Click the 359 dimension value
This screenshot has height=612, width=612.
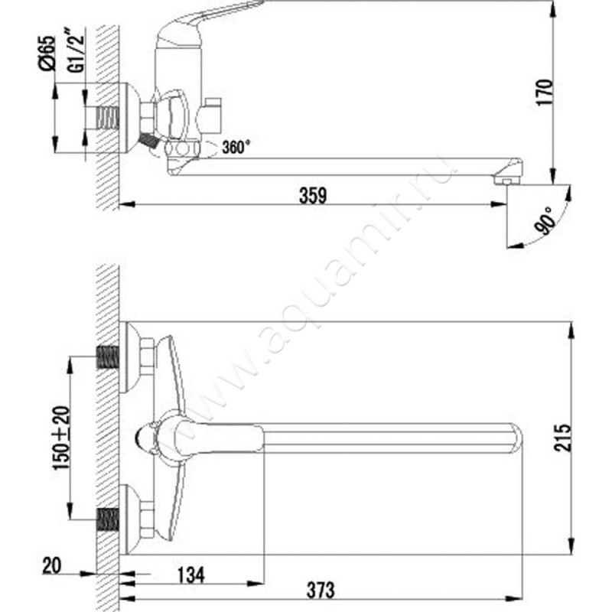coord(313,195)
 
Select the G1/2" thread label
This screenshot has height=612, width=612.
coord(75,54)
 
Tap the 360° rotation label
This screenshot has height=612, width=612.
coord(236,148)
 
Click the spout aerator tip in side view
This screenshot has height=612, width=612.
coord(504,180)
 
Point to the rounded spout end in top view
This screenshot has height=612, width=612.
coord(513,438)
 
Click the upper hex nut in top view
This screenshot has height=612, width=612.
coord(146,357)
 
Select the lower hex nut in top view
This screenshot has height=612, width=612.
coord(146,519)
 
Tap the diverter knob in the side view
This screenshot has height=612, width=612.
coord(211,115)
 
